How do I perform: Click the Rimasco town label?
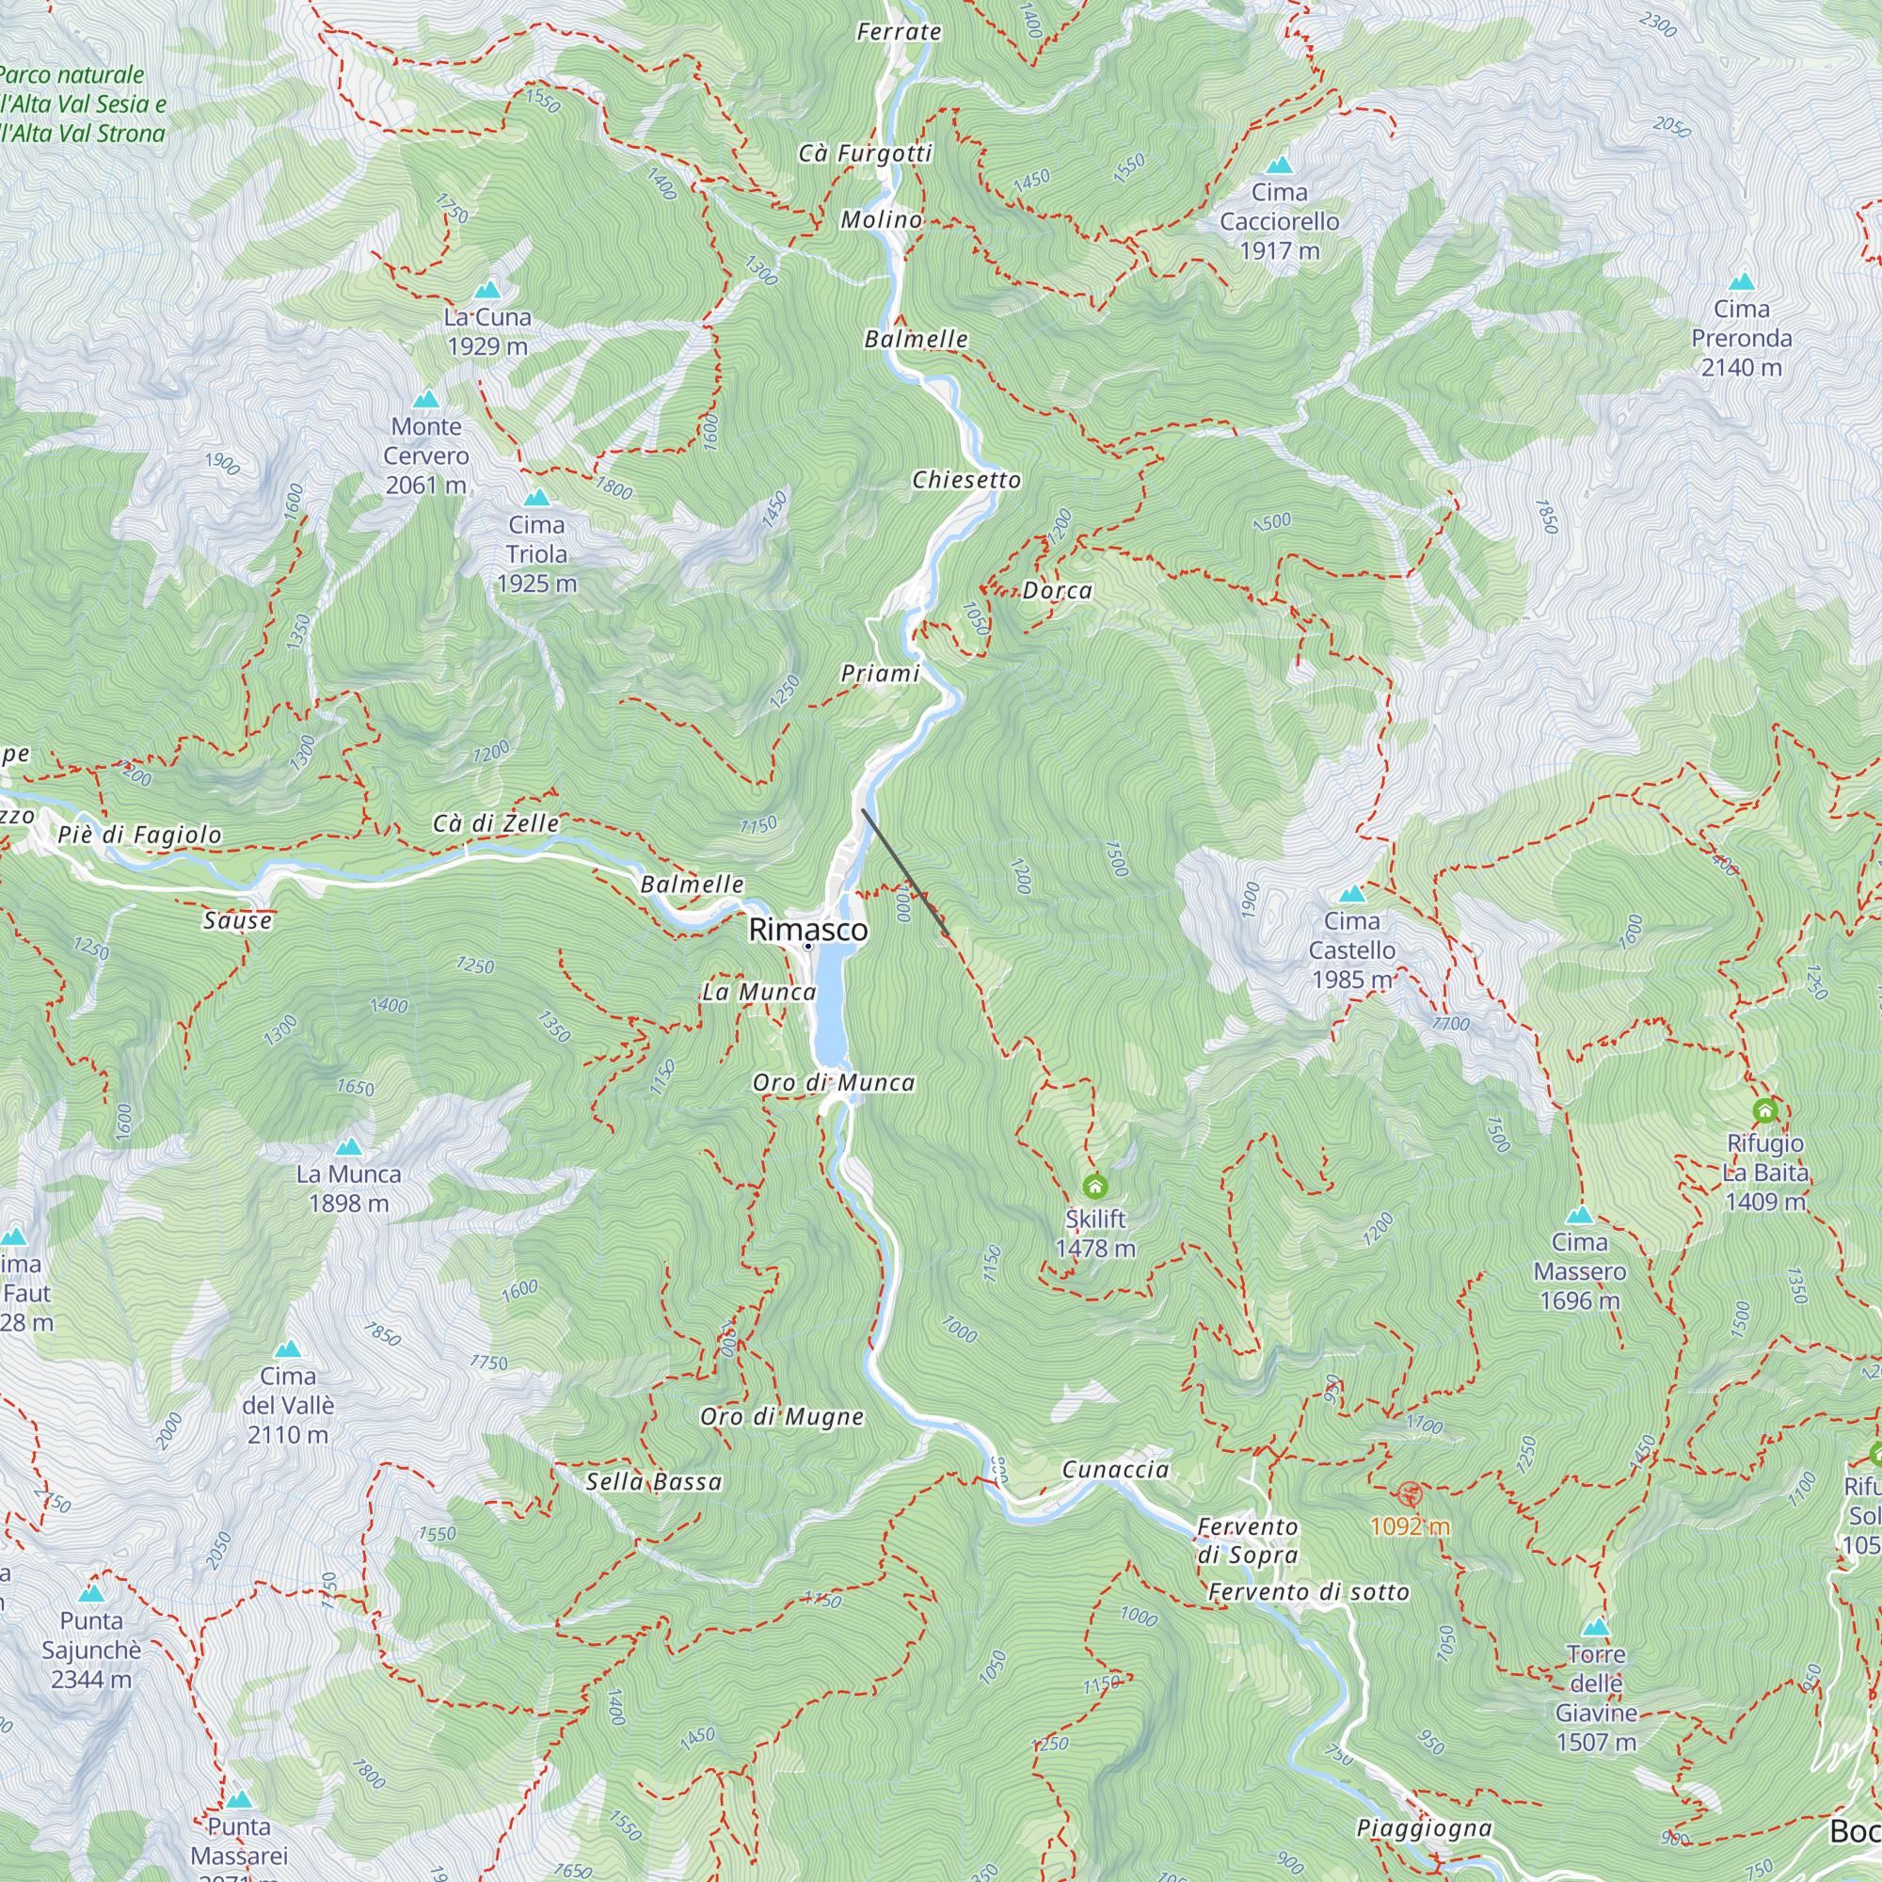pos(807,930)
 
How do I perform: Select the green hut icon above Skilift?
pos(1095,1186)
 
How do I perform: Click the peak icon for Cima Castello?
pos(1352,893)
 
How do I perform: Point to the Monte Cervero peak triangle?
pos(425,399)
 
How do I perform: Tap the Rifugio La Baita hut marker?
pos(1765,1110)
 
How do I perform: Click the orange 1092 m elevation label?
pos(1409,1525)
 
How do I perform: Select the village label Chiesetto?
pos(966,479)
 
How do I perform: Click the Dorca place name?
pos(1057,590)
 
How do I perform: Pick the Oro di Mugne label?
pos(781,1416)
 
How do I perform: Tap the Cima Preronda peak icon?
pos(1742,282)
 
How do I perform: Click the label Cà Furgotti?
pos(865,153)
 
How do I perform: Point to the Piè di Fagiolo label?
pos(139,834)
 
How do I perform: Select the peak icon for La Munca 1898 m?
pos(349,1146)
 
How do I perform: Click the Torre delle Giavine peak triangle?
pos(1596,1628)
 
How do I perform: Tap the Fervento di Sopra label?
pos(1248,1540)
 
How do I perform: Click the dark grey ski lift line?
pos(905,872)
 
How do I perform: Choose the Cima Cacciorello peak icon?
pos(1279,165)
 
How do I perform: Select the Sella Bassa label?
pos(654,1482)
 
